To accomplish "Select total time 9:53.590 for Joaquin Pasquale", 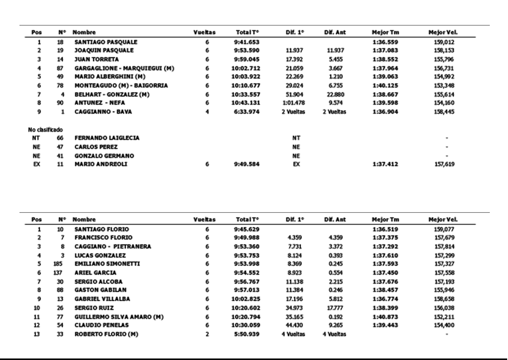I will tap(247, 50).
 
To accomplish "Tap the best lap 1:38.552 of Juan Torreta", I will tap(385, 59).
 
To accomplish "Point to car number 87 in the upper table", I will tap(60, 68).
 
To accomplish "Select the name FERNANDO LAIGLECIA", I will tap(107, 138).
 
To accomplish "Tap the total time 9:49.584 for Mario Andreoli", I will tap(247, 164).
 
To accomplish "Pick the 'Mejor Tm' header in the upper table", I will tap(385, 32).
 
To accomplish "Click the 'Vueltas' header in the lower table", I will tap(204, 220).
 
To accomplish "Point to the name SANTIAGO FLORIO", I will tap(102, 229).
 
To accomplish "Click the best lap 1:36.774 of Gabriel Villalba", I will tap(385, 299).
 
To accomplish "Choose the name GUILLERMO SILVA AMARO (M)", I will tap(119, 316).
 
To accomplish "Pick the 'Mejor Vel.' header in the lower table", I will tap(443, 220).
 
